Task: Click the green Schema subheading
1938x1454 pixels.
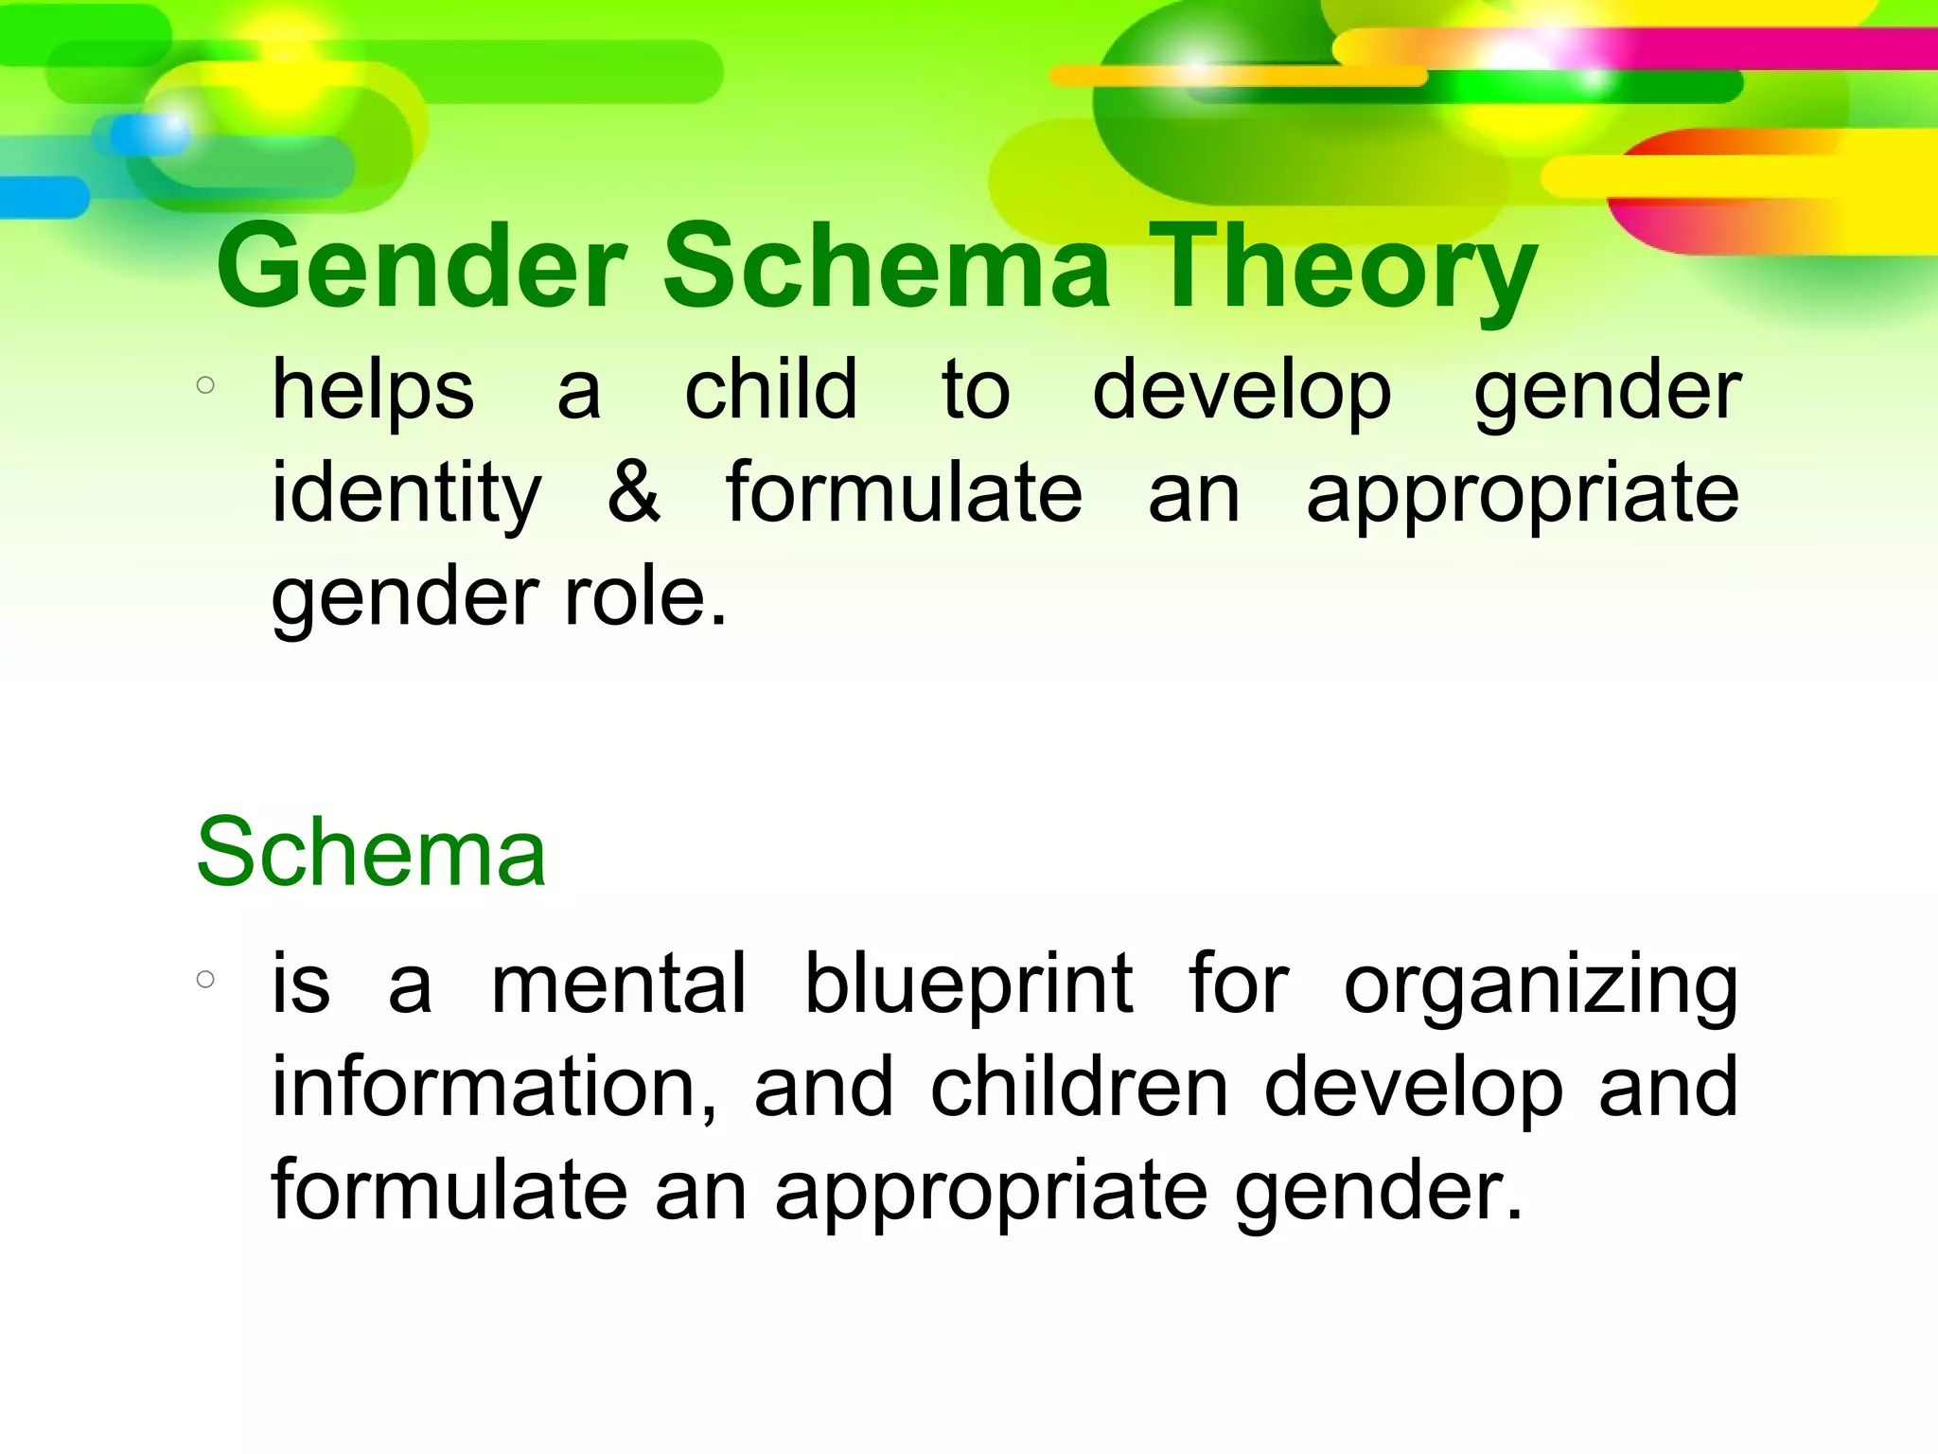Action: click(371, 853)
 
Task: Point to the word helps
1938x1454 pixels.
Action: click(373, 390)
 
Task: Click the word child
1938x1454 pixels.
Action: click(770, 390)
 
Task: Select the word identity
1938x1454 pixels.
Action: click(407, 493)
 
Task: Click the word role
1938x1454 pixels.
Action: click(646, 597)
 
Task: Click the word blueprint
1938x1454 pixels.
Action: click(968, 986)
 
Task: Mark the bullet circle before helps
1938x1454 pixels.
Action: click(205, 385)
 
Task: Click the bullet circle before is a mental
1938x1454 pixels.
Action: click(205, 979)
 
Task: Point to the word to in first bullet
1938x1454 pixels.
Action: click(976, 392)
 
